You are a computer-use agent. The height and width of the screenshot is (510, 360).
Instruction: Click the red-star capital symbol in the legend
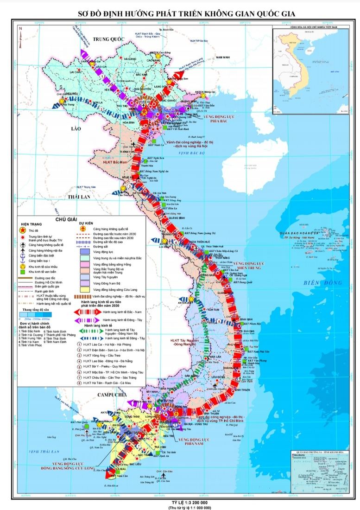(x=21, y=230)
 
